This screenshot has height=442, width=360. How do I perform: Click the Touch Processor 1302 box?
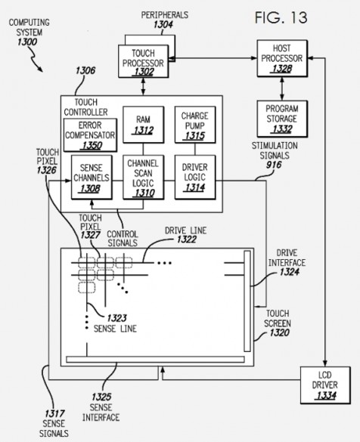click(144, 61)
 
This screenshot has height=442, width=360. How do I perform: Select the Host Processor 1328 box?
click(282, 58)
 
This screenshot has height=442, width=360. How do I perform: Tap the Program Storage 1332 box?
click(282, 119)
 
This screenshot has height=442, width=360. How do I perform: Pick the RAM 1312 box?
click(144, 125)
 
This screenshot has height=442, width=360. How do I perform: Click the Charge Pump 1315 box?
click(195, 125)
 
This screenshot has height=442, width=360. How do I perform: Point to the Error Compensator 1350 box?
click(90, 135)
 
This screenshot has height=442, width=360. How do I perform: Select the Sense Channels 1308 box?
click(92, 178)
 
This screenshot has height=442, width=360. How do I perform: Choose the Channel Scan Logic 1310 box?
click(144, 178)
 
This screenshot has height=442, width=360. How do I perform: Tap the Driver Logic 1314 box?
click(195, 178)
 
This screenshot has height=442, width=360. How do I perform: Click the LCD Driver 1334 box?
click(325, 385)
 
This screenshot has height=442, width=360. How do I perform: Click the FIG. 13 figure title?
click(281, 18)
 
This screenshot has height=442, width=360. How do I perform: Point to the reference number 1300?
click(27, 42)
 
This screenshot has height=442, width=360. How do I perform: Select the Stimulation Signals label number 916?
click(274, 165)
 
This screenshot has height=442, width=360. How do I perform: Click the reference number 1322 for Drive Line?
click(187, 240)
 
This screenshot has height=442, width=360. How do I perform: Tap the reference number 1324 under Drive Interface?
click(289, 272)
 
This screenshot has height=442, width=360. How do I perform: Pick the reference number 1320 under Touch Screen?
click(279, 332)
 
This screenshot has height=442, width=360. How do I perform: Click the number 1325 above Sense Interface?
click(101, 397)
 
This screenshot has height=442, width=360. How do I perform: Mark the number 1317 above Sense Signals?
click(54, 413)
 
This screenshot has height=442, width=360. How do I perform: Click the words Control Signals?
click(123, 239)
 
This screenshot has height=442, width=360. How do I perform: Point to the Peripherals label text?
click(165, 15)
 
